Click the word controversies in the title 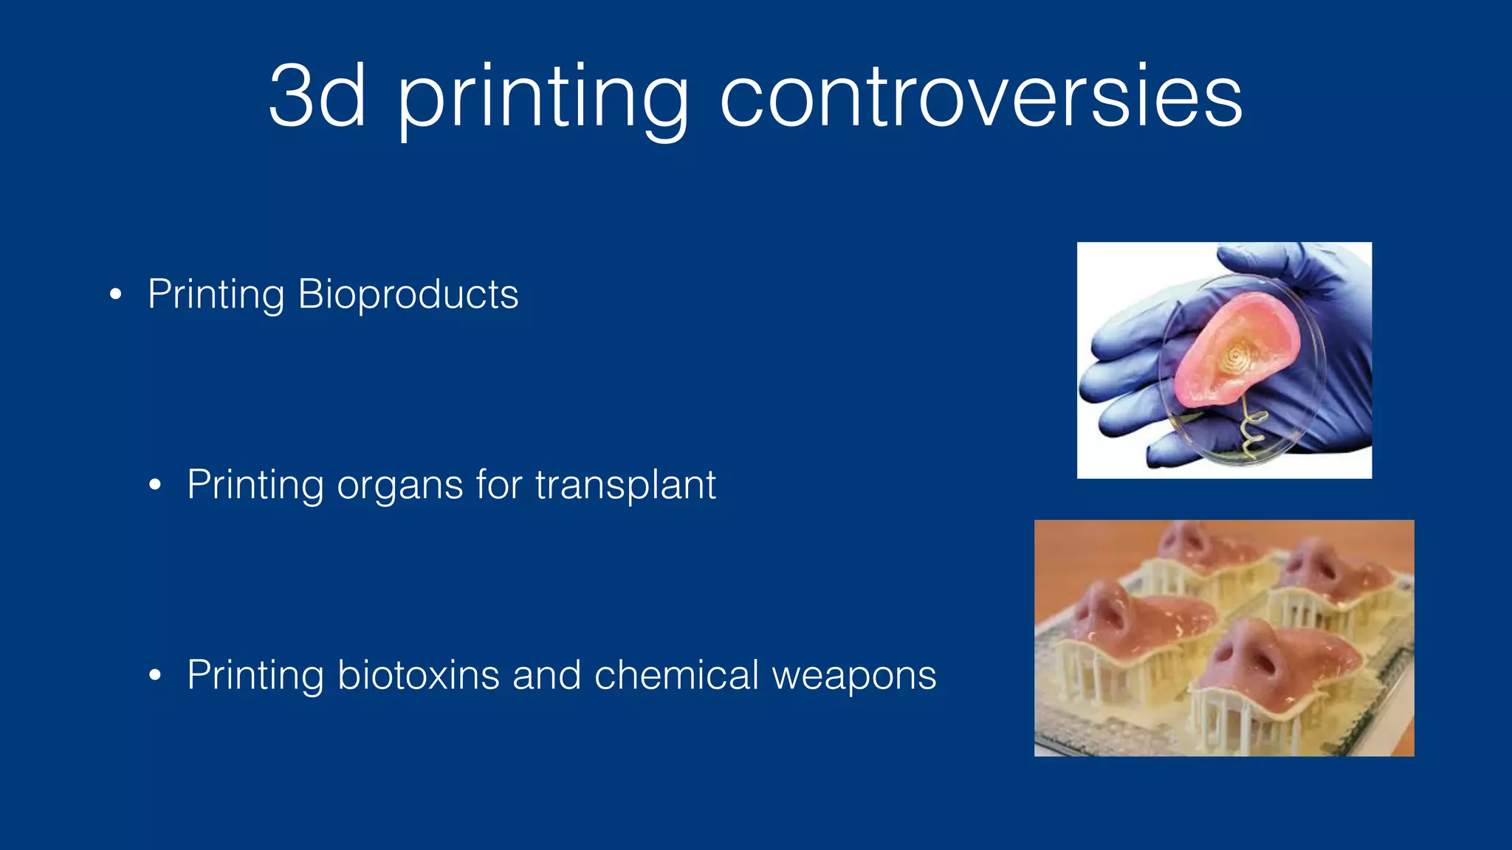tap(980, 97)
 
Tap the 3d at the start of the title tap(317, 97)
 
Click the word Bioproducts tap(408, 295)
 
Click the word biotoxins tap(418, 675)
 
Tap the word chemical tap(676, 675)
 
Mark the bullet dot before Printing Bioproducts tap(115, 295)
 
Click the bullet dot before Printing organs tap(154, 486)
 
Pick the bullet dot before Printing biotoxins tap(154, 675)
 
